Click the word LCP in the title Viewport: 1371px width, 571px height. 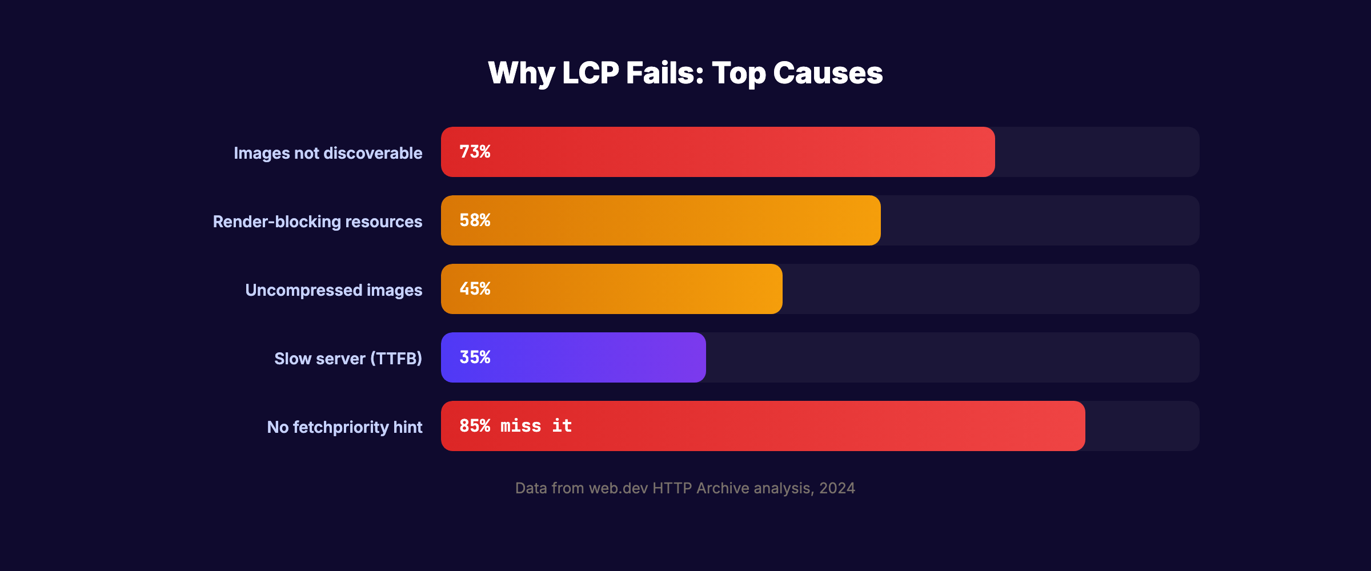(591, 73)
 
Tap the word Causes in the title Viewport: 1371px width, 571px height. (828, 73)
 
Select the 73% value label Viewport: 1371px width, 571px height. (475, 152)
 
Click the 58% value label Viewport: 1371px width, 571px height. (475, 220)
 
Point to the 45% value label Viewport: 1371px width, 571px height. (475, 289)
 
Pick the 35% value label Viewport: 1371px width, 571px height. (475, 357)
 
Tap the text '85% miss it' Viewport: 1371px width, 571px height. (515, 426)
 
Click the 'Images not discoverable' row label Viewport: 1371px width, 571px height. (328, 153)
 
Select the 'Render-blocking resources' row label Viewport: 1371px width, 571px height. (318, 222)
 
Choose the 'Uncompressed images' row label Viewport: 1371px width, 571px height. (334, 290)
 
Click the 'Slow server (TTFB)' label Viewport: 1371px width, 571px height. (348, 359)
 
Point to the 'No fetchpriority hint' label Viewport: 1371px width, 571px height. (344, 427)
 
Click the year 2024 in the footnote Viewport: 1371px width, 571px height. (837, 488)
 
